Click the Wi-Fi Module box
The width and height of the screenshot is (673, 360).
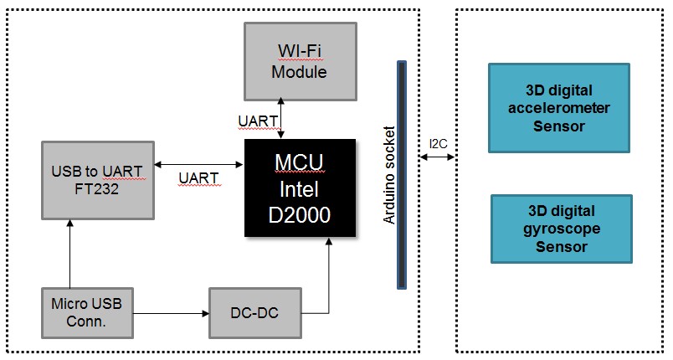300,61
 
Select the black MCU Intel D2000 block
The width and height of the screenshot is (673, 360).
300,187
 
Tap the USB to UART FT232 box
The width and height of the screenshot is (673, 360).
97,181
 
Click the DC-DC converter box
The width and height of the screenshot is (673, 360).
254,313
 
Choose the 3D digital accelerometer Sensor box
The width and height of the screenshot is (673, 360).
558,108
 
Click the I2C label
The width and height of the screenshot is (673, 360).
439,144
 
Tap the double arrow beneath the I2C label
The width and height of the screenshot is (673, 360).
438,160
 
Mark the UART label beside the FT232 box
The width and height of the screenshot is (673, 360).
199,177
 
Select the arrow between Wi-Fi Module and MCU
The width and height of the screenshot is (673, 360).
280,116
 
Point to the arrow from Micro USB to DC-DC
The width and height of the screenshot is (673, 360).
171,314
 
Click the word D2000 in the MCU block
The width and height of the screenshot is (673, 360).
300,215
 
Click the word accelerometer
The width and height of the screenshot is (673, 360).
558,108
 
